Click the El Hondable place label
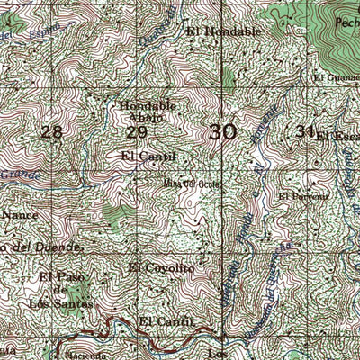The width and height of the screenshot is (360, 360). (224, 31)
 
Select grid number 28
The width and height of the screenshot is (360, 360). (52, 132)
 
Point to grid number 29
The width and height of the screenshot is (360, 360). (137, 132)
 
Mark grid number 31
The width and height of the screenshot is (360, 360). (304, 131)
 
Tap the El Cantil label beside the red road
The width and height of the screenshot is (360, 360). (166, 321)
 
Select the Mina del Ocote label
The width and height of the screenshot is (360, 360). (190, 184)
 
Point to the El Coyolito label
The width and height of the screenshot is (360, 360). (161, 267)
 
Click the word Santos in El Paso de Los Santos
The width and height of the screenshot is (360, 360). (73, 303)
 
